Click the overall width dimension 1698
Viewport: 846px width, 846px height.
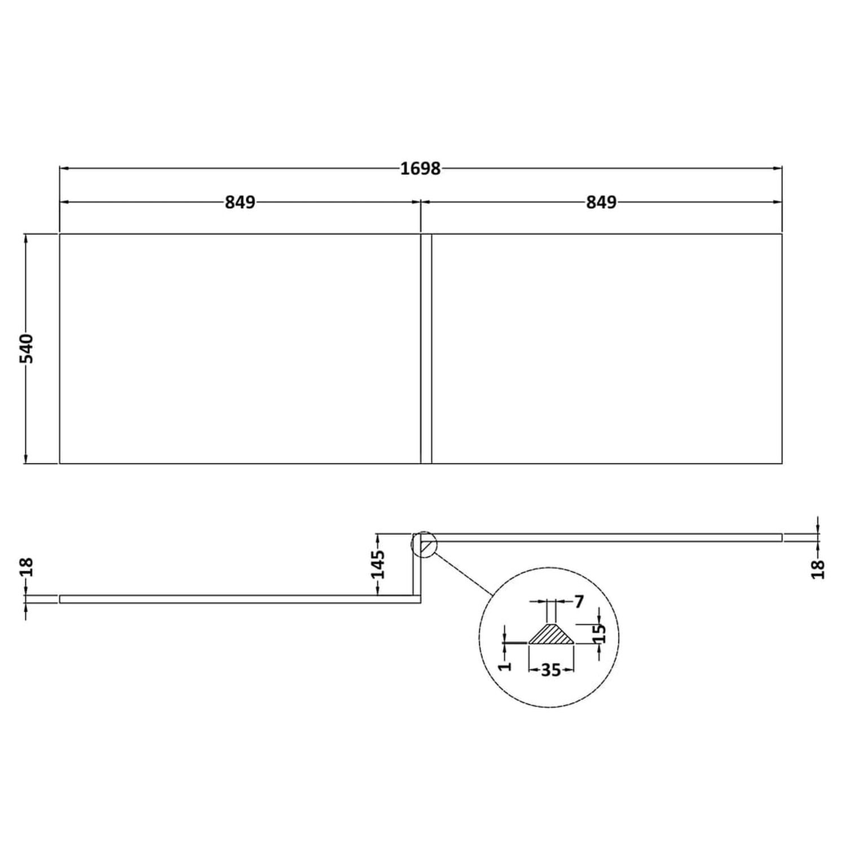(420, 168)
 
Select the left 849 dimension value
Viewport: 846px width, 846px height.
(240, 202)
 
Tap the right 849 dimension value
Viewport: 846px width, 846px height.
(601, 202)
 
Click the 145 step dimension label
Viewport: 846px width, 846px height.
(378, 564)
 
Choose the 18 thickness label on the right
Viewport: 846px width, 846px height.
(819, 569)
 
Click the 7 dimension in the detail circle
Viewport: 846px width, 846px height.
(579, 602)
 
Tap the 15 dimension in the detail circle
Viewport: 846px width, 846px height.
(601, 633)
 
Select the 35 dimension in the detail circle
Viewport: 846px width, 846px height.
(550, 670)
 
